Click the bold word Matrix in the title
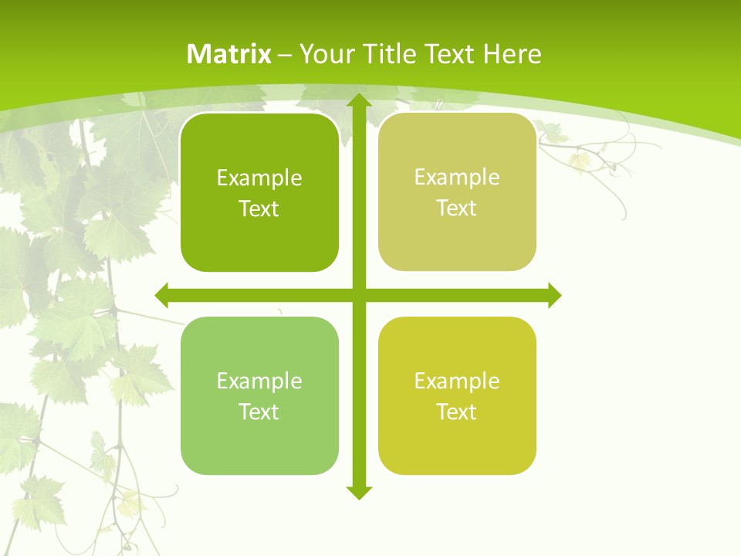click(x=229, y=54)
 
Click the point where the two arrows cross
click(x=357, y=295)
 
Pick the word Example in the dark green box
click(x=259, y=178)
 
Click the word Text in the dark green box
click(x=259, y=209)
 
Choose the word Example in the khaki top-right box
click(x=457, y=178)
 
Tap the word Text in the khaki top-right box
click(x=457, y=208)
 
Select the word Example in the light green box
click(x=259, y=381)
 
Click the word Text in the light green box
click(x=259, y=412)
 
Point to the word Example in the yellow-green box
click(x=457, y=381)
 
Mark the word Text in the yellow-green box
click(x=457, y=412)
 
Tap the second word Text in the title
click(x=450, y=54)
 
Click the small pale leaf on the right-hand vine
click(x=580, y=160)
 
